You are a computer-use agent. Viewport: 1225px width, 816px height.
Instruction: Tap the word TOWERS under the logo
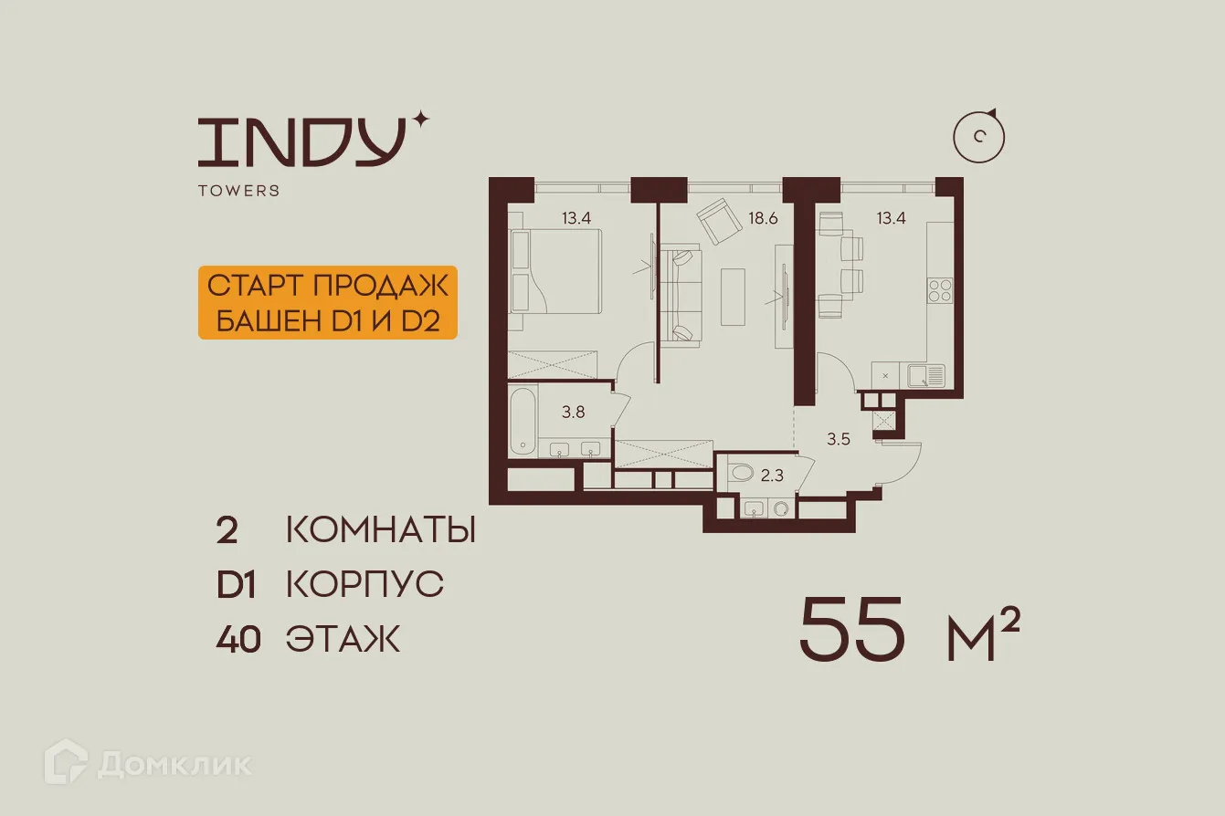pos(238,191)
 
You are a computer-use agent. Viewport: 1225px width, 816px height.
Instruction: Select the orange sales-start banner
pos(327,303)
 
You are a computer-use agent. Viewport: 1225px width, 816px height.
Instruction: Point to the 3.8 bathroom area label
pos(573,412)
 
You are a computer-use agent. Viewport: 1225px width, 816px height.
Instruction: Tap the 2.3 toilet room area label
pos(772,474)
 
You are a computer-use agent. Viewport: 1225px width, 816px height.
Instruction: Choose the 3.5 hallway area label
pos(839,439)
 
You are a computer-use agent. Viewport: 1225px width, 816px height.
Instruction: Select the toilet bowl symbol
pos(741,473)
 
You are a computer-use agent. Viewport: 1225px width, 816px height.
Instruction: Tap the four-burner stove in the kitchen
pos(941,290)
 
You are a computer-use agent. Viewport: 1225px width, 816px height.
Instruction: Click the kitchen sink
pos(928,373)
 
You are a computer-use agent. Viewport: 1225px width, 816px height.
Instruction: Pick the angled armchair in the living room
pos(720,222)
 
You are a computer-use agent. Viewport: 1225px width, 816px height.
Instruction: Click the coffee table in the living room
pos(734,295)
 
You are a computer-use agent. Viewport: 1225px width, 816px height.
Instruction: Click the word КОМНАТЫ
pos(381,530)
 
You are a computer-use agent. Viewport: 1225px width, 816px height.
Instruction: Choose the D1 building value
pos(236,585)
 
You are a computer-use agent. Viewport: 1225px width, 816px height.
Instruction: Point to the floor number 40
pos(238,640)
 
